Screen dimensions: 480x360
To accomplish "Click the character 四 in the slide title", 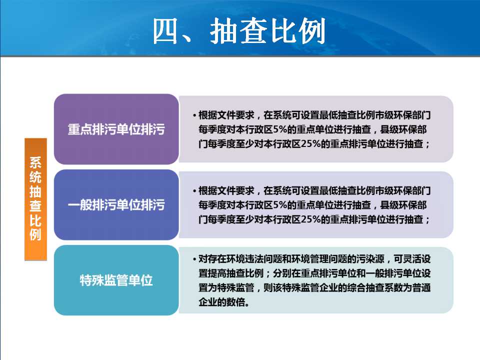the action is pyautogui.click(x=165, y=31).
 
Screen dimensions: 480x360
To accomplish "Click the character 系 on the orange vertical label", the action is pyautogui.click(x=35, y=163).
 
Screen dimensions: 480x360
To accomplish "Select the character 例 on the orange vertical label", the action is pyautogui.click(x=35, y=234).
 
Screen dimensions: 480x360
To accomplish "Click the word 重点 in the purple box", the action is pyautogui.click(x=79, y=129).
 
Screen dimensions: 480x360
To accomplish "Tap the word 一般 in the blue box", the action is pyautogui.click(x=79, y=205).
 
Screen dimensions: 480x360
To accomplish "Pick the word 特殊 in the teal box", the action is pyautogui.click(x=92, y=280).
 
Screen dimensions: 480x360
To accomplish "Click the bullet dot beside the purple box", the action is pyautogui.click(x=194, y=115).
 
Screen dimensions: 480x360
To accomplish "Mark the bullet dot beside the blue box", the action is pyautogui.click(x=194, y=191).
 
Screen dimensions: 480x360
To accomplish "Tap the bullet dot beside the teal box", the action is pyautogui.click(x=194, y=259).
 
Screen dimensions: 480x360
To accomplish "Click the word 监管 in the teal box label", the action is pyautogui.click(x=116, y=280).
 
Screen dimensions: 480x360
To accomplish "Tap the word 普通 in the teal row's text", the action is pyautogui.click(x=421, y=288).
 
